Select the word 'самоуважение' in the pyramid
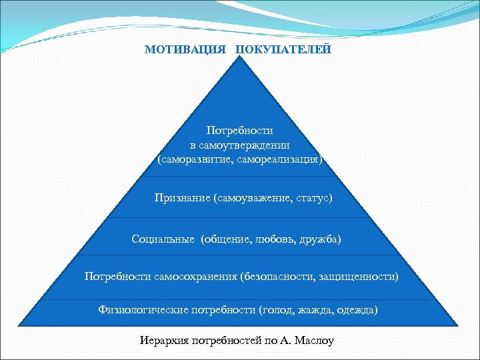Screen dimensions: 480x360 tap(249, 198)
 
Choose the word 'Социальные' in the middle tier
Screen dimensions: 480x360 tap(164, 239)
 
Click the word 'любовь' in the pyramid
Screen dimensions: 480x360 tap(271, 239)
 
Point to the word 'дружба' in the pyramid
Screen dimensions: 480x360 tap(321, 239)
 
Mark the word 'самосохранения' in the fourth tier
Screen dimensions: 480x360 tap(200, 276)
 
